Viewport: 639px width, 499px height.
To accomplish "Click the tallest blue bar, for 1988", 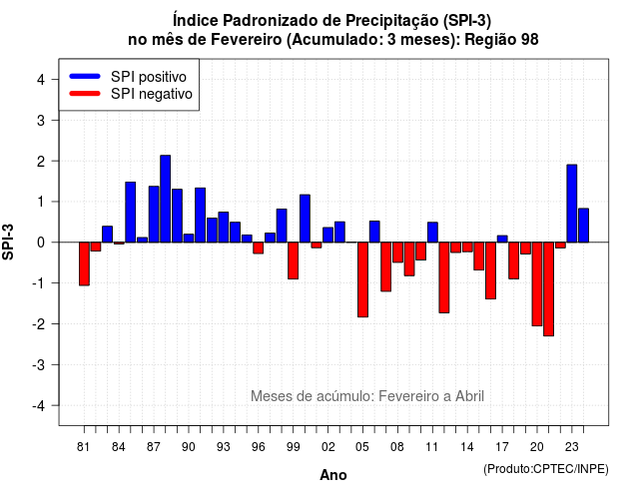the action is coord(165,199).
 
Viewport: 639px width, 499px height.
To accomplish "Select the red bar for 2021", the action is coord(548,289).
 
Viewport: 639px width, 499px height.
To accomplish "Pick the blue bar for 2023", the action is coord(572,204).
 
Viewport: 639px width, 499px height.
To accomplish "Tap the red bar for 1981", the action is coord(84,263).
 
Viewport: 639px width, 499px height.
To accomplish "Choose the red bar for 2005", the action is coord(362,279).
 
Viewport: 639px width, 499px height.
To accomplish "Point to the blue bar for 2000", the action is coord(305,219).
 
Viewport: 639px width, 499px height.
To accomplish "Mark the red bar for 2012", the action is coord(444,277).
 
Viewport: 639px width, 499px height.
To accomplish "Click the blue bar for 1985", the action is coord(131,213).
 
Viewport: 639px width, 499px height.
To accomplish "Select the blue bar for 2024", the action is coord(583,226).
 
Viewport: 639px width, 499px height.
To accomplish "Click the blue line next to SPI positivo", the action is coord(85,76).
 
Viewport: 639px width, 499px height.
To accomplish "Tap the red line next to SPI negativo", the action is coord(85,93).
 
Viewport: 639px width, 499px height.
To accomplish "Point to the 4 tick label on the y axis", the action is coord(41,80).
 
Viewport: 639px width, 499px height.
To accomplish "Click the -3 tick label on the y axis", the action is coord(39,364).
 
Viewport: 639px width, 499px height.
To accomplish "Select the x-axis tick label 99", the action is coord(293,447).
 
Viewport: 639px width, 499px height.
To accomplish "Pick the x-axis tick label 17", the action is coord(502,447).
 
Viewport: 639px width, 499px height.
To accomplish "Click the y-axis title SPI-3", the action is coord(8,242).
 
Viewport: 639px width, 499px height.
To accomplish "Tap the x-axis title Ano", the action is coord(333,475).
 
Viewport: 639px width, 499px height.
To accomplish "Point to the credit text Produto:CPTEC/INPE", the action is coord(546,469).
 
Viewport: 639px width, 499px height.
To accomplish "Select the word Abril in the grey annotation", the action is coord(469,396).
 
